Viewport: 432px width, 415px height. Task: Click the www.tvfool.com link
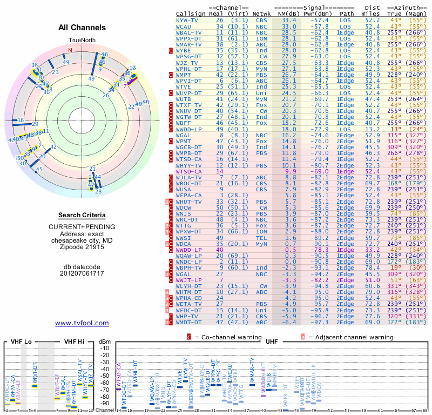(82, 323)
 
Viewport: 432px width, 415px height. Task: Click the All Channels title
(82, 27)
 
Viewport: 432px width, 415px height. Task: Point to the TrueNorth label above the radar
(81, 41)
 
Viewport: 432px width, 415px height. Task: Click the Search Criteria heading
(82, 215)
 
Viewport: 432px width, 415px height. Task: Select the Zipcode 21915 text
(82, 247)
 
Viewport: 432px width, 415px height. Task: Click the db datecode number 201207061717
(82, 273)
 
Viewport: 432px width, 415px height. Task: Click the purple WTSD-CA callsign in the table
(188, 171)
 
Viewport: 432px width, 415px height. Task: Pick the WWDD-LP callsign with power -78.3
(188, 250)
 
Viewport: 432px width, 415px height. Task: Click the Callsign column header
(191, 13)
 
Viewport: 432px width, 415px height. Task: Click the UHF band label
(271, 342)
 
